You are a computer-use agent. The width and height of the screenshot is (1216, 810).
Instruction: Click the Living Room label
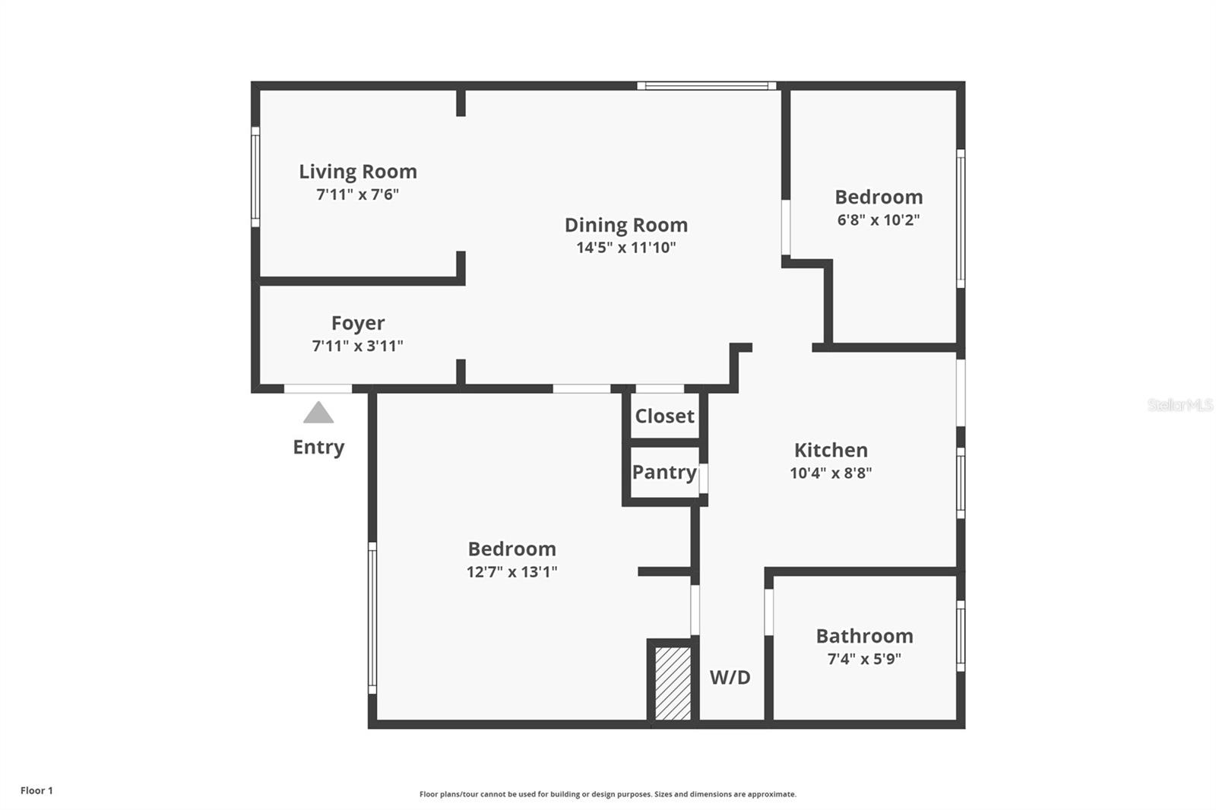click(358, 172)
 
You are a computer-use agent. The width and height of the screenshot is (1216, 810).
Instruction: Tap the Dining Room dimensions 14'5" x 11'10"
click(626, 248)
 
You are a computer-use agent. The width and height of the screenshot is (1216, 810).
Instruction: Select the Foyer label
click(358, 324)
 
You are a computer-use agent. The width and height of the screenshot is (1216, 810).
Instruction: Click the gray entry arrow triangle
click(318, 412)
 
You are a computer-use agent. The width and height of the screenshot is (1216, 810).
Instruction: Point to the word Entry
click(318, 448)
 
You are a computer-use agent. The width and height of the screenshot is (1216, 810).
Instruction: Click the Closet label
click(664, 416)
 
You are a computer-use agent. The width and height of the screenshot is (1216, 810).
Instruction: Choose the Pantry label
click(664, 473)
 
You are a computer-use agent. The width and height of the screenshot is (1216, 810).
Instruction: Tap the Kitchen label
click(831, 450)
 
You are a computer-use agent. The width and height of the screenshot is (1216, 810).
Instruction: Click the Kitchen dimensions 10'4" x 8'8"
click(831, 473)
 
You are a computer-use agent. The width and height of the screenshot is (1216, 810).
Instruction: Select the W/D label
click(730, 678)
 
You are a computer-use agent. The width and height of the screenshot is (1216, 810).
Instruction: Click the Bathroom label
click(865, 636)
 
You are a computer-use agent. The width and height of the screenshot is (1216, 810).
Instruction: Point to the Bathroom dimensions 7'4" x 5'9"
click(864, 659)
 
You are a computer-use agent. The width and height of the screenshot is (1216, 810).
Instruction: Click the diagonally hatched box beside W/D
click(673, 683)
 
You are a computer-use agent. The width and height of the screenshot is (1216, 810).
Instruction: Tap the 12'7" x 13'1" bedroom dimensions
click(512, 571)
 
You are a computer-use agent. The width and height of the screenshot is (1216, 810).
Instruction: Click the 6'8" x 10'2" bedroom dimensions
click(879, 220)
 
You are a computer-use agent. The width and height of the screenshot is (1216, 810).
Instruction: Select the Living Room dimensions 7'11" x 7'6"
click(358, 195)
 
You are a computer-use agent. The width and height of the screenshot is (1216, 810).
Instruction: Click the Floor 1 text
click(37, 790)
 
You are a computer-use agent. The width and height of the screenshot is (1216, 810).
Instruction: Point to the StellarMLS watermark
click(1180, 405)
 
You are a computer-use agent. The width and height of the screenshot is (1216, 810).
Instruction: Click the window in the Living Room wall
click(255, 177)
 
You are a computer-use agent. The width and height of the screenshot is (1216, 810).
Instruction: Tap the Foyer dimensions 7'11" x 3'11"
click(358, 346)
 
